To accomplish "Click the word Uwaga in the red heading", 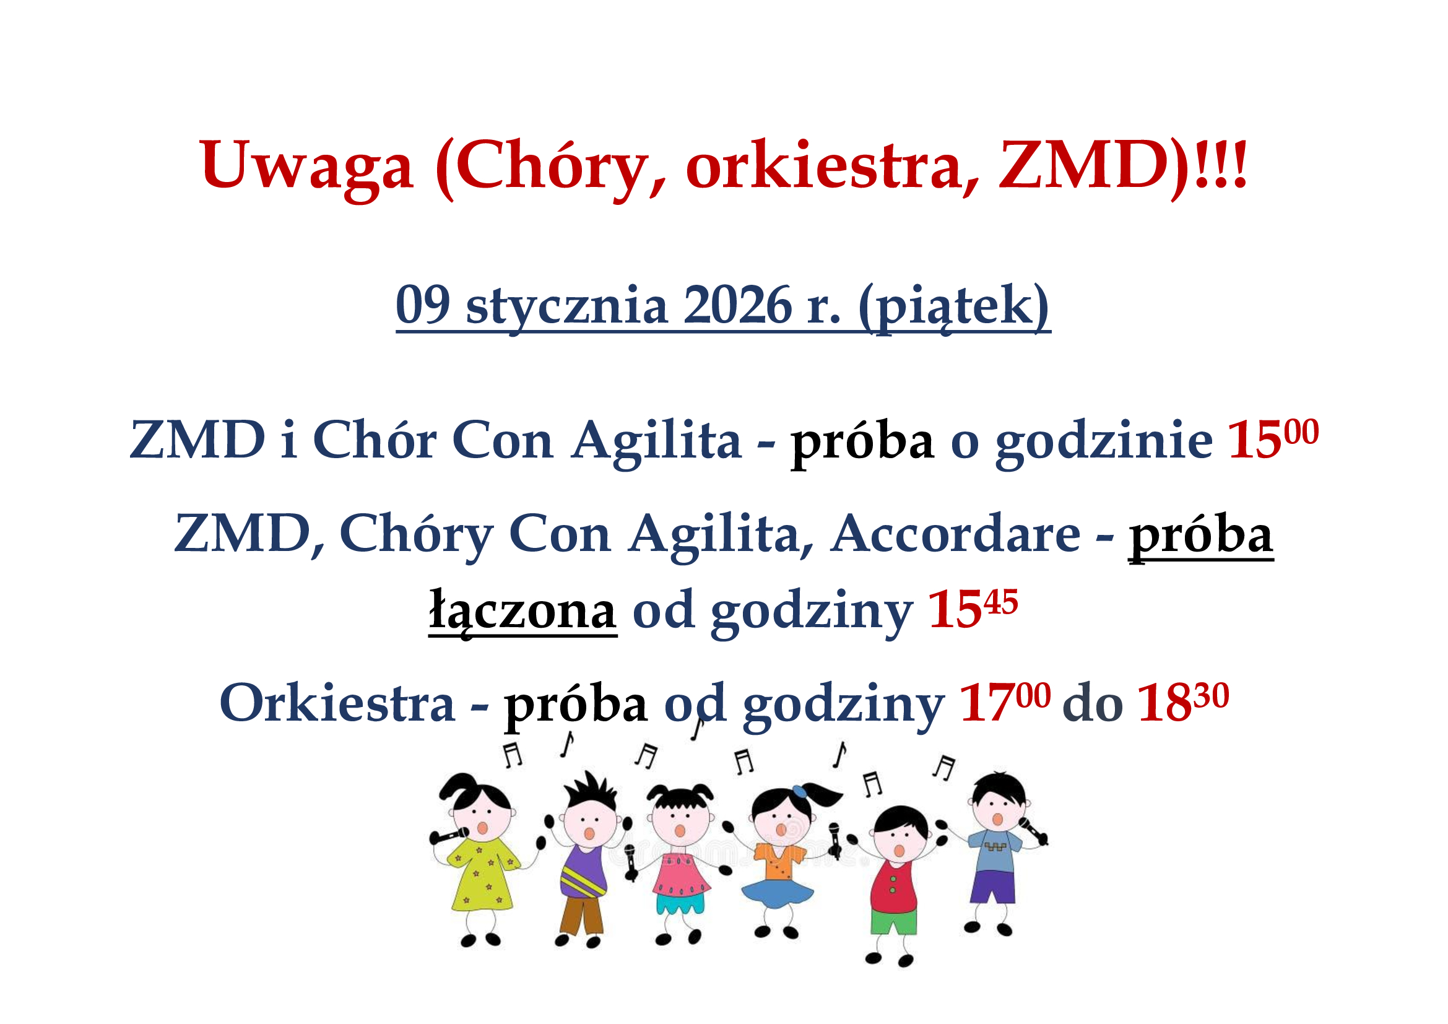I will pos(306,165).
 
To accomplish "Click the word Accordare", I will pos(955,534).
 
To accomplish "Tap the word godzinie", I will pos(1104,440).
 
